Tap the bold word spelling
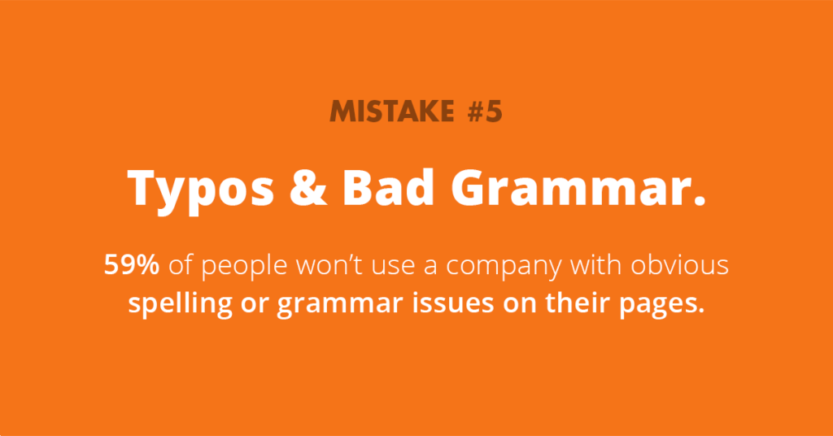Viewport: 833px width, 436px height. pyautogui.click(x=173, y=304)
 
